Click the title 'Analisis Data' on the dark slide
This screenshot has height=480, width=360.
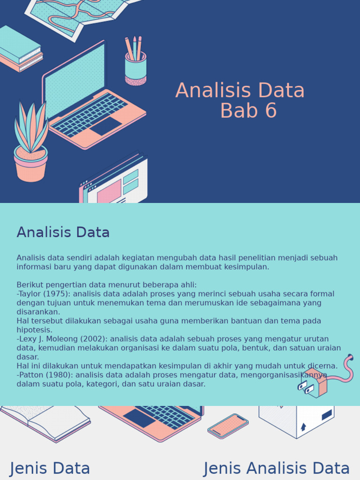(x=240, y=90)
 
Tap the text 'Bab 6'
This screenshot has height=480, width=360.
(x=248, y=111)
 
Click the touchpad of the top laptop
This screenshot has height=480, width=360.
(x=106, y=126)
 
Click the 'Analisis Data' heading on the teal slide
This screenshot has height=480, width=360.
(x=63, y=232)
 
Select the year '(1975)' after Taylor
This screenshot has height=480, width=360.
(x=57, y=294)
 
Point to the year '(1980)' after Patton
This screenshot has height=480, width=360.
(x=58, y=375)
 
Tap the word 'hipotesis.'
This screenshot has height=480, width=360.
(x=34, y=330)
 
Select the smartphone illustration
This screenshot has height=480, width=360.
(x=228, y=426)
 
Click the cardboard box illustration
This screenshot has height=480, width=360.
(x=296, y=420)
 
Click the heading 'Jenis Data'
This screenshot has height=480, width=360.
(x=50, y=468)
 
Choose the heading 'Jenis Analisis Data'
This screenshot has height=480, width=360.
(x=277, y=468)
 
